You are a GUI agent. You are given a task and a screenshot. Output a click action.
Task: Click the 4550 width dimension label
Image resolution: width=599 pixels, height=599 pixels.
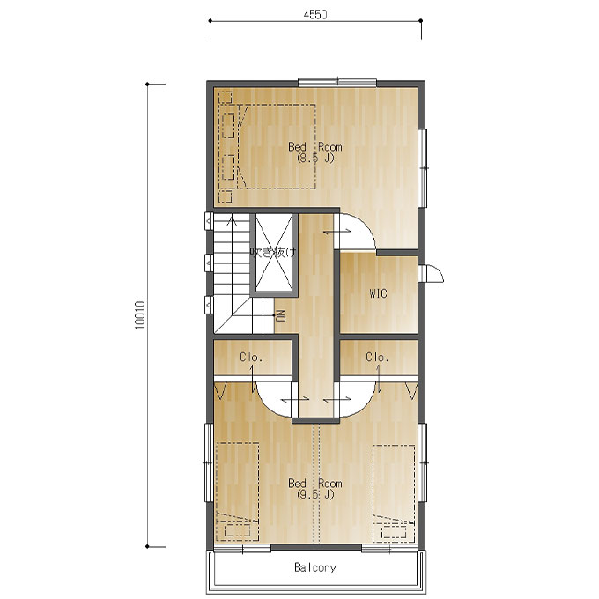click(x=315, y=14)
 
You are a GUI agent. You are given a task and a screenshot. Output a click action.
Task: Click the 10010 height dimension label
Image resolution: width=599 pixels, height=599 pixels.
click(x=140, y=314)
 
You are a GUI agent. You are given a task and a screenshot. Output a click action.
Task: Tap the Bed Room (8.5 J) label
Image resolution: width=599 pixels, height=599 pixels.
click(x=315, y=152)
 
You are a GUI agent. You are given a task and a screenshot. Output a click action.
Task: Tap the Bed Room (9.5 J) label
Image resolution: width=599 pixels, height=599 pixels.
click(x=315, y=489)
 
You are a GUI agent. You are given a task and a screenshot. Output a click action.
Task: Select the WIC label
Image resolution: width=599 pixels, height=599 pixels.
click(x=378, y=293)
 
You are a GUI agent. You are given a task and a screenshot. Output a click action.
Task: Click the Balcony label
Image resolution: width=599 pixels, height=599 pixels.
click(x=315, y=567)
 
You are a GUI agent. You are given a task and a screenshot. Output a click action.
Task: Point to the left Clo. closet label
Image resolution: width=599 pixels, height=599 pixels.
click(x=251, y=357)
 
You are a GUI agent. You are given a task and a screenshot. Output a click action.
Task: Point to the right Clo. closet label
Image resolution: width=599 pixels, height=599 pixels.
click(x=377, y=357)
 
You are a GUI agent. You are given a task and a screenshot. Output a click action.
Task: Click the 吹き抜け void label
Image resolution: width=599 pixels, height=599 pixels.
click(x=273, y=252)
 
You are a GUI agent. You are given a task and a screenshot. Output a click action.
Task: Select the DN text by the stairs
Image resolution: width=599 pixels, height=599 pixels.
click(x=281, y=315)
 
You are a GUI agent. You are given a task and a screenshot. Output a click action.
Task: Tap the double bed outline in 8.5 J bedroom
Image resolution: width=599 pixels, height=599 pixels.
click(x=268, y=146)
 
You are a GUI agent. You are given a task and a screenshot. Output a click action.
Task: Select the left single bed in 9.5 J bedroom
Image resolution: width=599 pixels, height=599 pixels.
click(x=237, y=492)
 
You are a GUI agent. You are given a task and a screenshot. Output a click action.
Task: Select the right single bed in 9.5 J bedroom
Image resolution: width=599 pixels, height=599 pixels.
click(x=394, y=493)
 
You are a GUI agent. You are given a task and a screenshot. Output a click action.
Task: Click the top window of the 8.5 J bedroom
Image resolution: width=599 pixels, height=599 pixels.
click(x=337, y=83)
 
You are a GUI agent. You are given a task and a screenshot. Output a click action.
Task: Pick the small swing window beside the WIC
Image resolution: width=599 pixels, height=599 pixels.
click(x=431, y=273)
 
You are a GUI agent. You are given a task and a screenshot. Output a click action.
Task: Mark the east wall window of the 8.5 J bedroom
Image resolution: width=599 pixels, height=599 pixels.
click(x=423, y=168)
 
